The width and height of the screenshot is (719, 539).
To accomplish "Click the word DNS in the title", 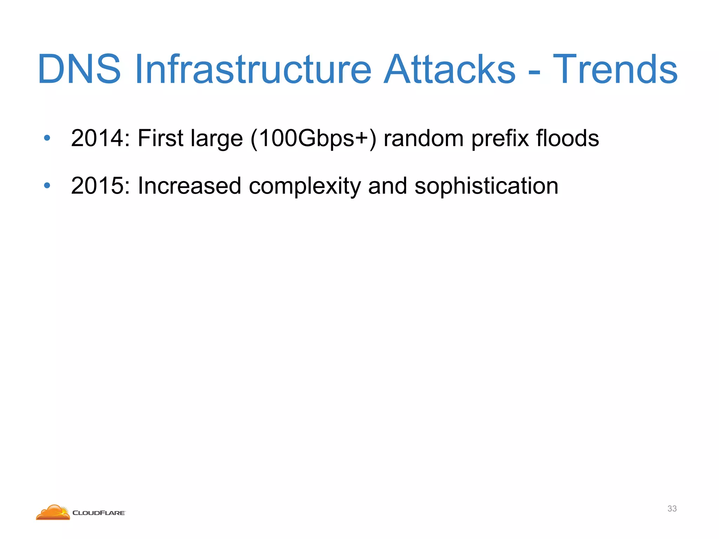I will click(x=79, y=69).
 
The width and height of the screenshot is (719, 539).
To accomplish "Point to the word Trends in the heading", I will click(x=615, y=69).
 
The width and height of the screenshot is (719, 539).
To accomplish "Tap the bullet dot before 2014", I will click(x=47, y=138).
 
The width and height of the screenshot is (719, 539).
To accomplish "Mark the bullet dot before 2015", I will click(x=47, y=186).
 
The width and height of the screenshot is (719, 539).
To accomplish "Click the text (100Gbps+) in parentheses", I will click(x=314, y=139).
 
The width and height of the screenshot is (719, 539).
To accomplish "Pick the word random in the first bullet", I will click(x=423, y=138).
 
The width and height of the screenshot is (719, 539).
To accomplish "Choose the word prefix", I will click(x=500, y=139).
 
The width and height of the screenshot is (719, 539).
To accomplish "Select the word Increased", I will click(x=189, y=186).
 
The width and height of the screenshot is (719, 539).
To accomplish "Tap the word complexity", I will click(x=304, y=186).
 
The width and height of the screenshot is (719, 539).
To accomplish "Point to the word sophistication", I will click(x=486, y=186).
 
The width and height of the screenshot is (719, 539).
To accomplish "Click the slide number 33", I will click(x=672, y=508).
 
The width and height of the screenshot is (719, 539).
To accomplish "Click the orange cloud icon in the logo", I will click(x=53, y=513).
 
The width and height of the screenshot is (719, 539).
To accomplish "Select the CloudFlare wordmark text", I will click(x=99, y=513).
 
